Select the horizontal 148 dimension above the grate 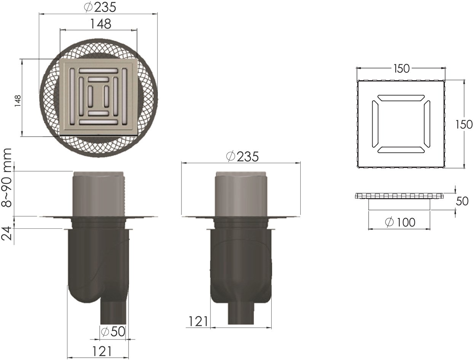coord(100,24)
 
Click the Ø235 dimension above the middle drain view coord(242,156)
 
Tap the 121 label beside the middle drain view coord(197,322)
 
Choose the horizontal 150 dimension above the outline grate coord(401,68)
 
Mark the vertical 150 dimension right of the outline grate coord(464,124)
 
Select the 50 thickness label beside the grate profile coord(462,201)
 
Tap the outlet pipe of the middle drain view coord(241,314)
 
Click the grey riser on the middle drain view coord(241,194)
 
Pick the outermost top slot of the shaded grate coord(99,70)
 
